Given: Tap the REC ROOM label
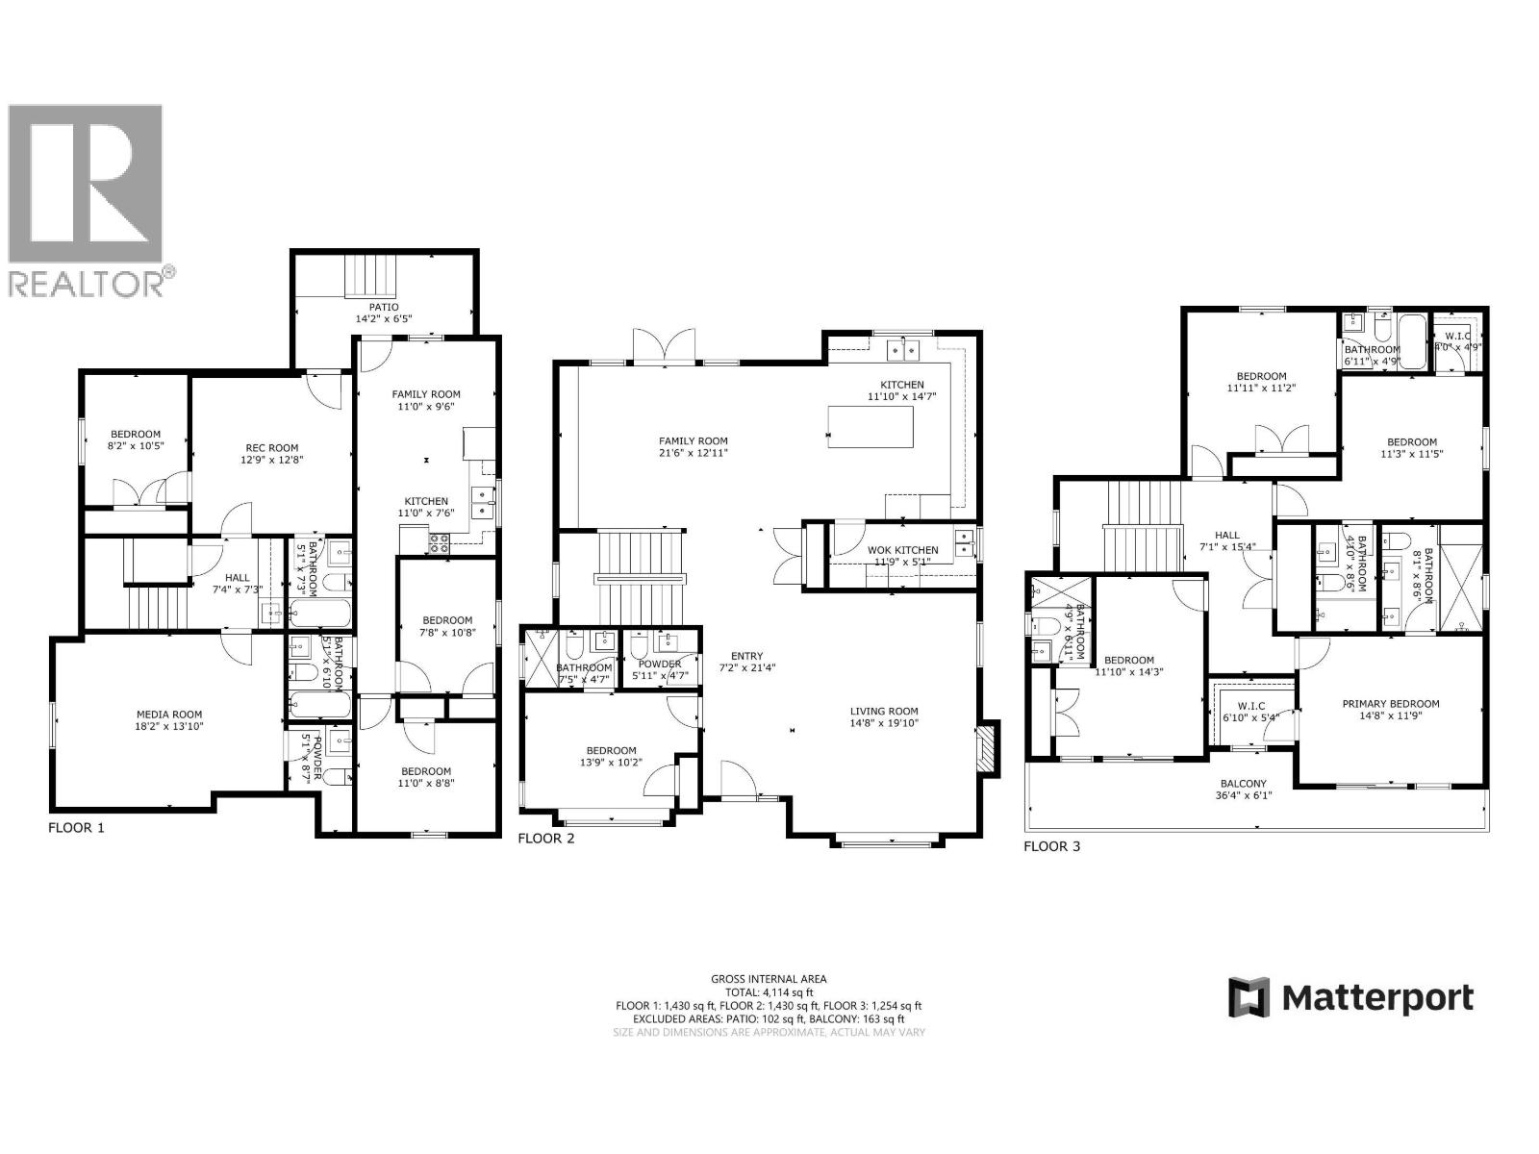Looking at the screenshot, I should coord(272,447).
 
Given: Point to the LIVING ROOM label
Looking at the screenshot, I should coord(884,712).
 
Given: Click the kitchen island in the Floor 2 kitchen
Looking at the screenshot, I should coord(871,427).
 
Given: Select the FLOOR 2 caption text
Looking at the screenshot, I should coord(545,839).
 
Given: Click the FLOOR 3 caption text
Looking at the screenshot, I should coord(1051,846).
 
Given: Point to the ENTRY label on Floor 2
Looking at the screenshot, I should coord(746,656).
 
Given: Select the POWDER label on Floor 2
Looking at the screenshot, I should coord(659,665).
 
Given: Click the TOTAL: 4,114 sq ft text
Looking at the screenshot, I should coord(769,991).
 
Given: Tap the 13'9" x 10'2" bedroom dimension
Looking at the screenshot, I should coord(611,763).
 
